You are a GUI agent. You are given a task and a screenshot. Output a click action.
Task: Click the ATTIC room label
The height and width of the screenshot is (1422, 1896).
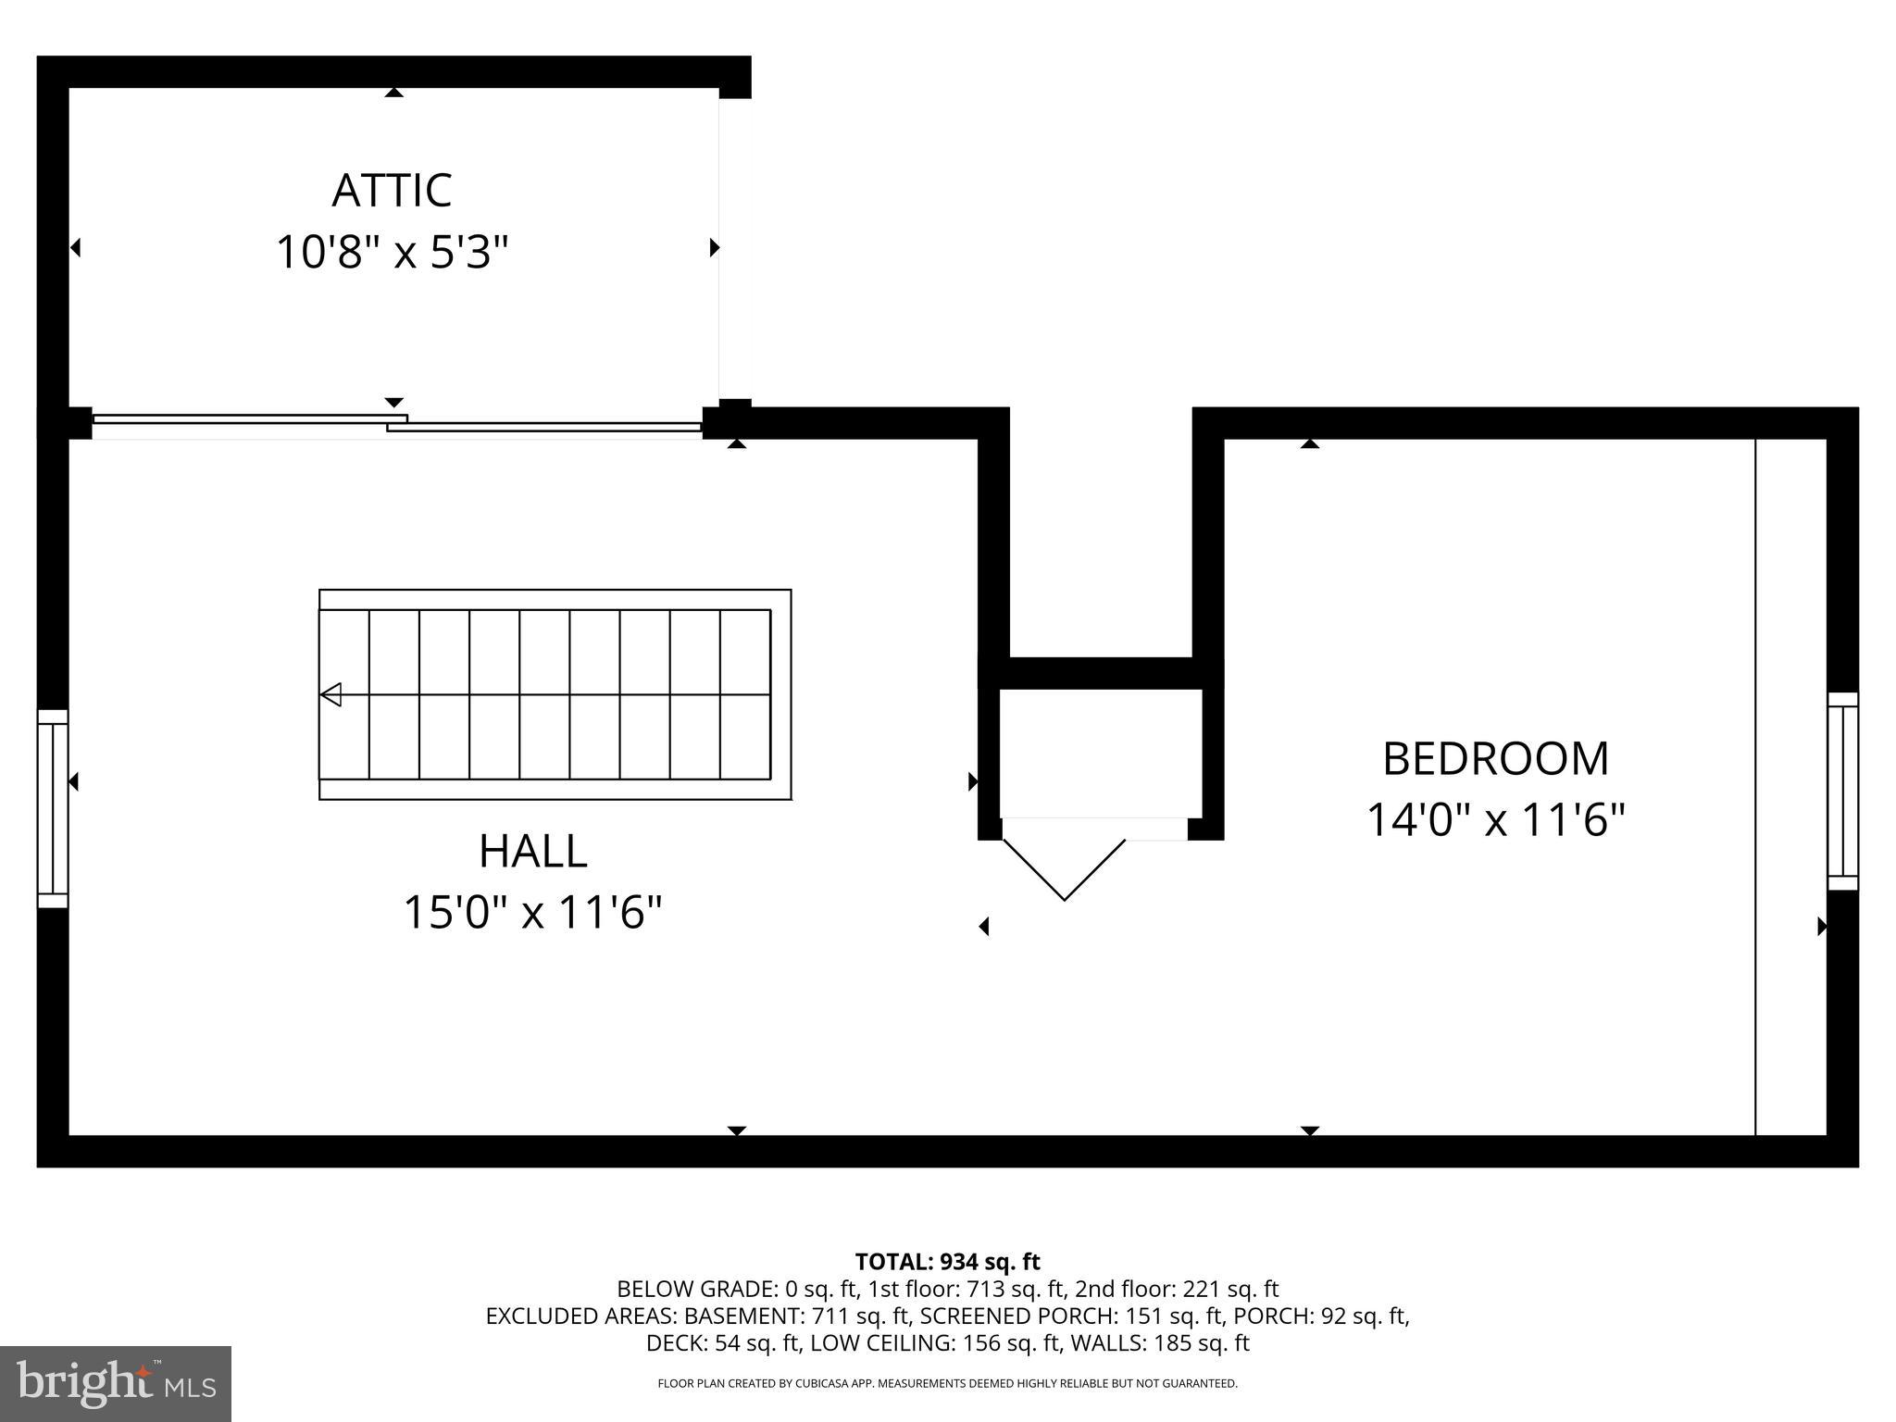point(392,191)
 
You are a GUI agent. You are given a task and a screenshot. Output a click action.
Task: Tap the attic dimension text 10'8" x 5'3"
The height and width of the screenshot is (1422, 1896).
point(393,253)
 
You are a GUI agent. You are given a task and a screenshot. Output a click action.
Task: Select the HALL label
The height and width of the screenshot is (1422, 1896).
point(532,852)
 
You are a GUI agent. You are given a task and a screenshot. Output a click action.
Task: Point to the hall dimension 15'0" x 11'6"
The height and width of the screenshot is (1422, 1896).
point(532,914)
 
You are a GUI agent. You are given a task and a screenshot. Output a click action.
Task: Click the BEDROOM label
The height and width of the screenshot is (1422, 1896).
point(1495,759)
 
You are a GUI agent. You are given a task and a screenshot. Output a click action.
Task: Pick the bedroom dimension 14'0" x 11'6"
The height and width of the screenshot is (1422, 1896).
point(1495,821)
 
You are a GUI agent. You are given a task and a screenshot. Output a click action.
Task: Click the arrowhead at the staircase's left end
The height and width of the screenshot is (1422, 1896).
point(331,694)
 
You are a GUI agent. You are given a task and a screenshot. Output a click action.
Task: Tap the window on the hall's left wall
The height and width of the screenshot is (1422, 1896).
point(53,808)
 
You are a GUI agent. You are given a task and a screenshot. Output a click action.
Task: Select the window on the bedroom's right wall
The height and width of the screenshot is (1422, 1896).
point(1842,792)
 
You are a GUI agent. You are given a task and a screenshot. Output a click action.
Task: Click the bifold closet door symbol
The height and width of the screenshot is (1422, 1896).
point(1065,866)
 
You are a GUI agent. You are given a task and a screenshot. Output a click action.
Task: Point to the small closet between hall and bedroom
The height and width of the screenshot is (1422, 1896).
point(1101,752)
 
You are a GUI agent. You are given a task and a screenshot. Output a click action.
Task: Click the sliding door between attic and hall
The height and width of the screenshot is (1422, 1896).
point(396,424)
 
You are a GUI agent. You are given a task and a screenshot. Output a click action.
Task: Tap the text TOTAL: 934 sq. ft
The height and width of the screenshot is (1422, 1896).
point(947,1262)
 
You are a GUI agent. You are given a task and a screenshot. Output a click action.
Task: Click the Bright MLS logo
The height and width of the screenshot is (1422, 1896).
point(116,1384)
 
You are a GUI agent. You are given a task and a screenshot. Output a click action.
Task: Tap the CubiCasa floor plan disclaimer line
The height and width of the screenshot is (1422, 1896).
point(947,1384)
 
